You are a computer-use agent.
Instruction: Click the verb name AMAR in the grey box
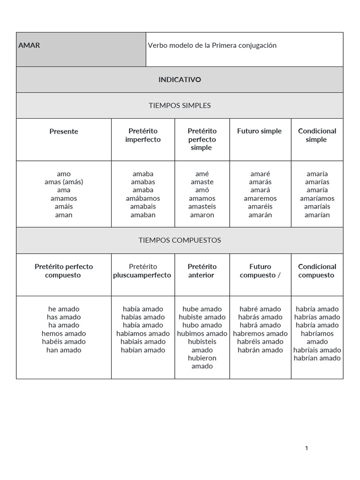click(29, 45)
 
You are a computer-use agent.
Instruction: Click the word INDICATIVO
click(180, 80)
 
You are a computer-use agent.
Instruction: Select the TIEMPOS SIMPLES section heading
click(180, 105)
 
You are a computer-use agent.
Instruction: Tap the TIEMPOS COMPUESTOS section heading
click(180, 240)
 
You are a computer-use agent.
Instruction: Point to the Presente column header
click(64, 132)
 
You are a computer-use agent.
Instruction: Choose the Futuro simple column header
click(259, 131)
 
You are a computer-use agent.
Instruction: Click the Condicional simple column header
click(317, 135)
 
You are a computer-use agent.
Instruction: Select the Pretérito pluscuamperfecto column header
click(142, 271)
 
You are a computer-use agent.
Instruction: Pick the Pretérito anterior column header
click(202, 271)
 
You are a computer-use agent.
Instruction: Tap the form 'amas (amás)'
click(64, 182)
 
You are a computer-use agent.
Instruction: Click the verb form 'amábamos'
click(142, 198)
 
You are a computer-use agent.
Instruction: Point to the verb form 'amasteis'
click(202, 207)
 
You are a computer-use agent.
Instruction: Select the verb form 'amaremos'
click(260, 198)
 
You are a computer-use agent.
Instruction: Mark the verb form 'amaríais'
click(317, 207)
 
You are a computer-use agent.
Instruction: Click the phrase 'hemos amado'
click(64, 334)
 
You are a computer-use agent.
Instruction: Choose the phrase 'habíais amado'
click(142, 342)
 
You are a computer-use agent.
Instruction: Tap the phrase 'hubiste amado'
click(202, 317)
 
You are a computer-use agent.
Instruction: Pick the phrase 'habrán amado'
click(260, 350)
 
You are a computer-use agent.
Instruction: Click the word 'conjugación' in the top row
click(256, 45)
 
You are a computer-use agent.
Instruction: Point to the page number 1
click(307, 448)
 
